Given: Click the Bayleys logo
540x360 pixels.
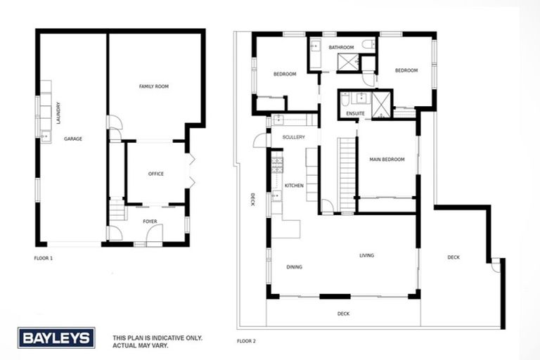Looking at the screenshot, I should tap(56, 338).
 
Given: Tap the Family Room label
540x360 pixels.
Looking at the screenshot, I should tap(154, 86).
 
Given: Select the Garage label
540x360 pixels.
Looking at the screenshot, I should tap(73, 139).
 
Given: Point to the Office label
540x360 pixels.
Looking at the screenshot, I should tap(155, 174).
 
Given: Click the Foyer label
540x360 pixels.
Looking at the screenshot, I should tap(150, 221).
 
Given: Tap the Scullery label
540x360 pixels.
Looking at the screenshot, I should tap(292, 137).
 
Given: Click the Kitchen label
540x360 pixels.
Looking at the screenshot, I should tap(294, 185).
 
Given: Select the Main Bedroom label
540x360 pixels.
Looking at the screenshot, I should tap(387, 160).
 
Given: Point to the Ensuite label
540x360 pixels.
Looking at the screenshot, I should tap(355, 112).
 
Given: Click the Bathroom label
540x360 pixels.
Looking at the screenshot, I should tap(341, 47).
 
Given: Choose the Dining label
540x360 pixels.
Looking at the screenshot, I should tap(294, 267).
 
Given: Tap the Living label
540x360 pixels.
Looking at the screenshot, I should tap(366, 255).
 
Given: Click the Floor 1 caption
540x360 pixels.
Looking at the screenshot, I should tap(44, 258).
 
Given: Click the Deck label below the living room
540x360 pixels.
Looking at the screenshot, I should tap(343, 314).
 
